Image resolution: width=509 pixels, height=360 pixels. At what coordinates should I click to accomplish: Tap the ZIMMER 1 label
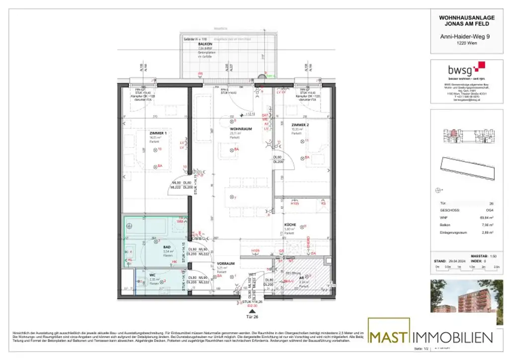pyautogui.click(x=159, y=133)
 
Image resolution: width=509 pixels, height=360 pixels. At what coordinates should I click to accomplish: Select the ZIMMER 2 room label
pyautogui.click(x=300, y=125)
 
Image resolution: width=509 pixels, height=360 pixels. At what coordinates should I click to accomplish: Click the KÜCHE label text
pyautogui.click(x=291, y=225)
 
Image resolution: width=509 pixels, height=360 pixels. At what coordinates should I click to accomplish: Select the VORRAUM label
pyautogui.click(x=225, y=264)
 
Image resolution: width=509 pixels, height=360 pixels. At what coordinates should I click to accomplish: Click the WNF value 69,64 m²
pyautogui.click(x=488, y=217)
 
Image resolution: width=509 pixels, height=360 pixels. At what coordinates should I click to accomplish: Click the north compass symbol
pyautogui.click(x=438, y=189)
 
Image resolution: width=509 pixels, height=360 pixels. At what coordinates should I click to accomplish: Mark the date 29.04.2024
pyautogui.click(x=456, y=260)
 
